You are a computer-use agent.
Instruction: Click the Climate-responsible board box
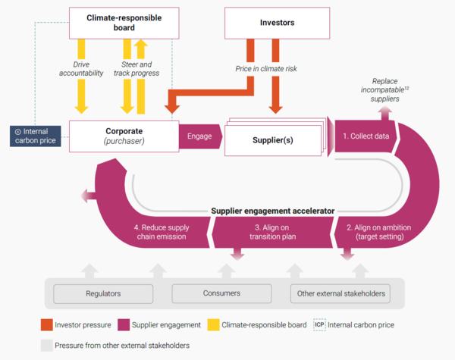(124, 23)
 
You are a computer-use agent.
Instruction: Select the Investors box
(277, 23)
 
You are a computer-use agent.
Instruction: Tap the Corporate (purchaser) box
(123, 136)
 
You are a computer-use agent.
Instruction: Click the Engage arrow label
(199, 136)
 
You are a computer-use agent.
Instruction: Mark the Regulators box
(102, 293)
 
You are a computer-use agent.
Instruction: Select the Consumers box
(221, 293)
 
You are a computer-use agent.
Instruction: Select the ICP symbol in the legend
(319, 324)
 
